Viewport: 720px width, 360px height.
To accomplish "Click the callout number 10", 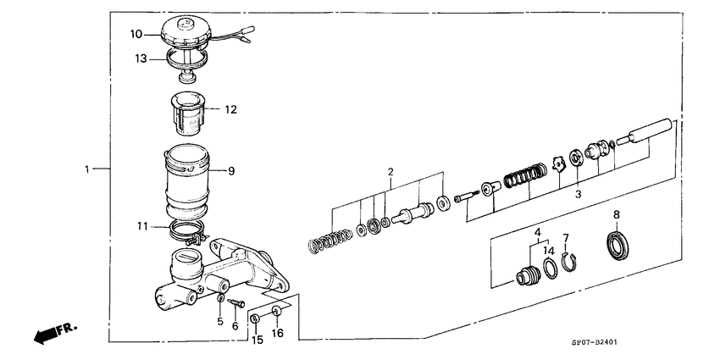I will tap(136, 35).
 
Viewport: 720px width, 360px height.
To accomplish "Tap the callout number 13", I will tap(142, 58).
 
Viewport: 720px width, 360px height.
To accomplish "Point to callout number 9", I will tap(230, 171).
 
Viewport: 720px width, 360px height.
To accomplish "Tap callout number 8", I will tap(617, 215).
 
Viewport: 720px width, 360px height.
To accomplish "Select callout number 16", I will tap(277, 333).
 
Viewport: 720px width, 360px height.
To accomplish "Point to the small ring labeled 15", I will tap(254, 318).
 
